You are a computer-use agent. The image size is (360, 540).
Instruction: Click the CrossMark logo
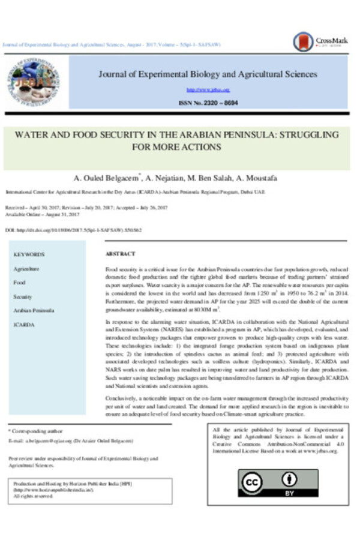coord(311,41)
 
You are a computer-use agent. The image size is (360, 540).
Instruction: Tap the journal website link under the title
coord(208,90)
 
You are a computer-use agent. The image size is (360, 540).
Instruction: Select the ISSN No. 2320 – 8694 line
coord(208,103)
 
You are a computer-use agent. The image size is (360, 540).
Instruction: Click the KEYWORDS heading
coord(29,254)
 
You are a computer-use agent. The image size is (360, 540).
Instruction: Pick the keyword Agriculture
coord(26,269)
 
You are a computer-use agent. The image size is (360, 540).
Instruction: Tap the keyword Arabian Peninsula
coord(34,311)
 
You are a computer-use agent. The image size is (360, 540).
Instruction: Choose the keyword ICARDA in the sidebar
coord(24,325)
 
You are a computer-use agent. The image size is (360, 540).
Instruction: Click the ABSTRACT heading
coord(120,254)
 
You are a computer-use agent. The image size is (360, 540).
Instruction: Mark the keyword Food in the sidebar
coord(19,283)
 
